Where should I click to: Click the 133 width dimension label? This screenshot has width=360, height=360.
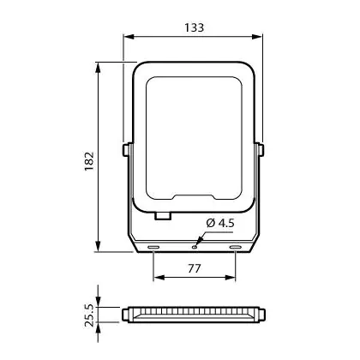coord(194,27)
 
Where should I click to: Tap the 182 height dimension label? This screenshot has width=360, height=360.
coord(89,161)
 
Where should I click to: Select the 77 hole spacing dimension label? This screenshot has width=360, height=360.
coord(195,268)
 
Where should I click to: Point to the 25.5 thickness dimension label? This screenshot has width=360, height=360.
coord(89,315)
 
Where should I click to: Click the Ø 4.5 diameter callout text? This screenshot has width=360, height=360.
coord(220,223)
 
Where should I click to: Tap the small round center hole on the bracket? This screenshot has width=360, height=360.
coord(195,247)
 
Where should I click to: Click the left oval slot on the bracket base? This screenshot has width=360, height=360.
coord(153,247)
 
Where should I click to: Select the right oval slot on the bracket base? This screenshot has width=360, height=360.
coord(236,247)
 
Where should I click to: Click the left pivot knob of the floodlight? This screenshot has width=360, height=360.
coord(126,150)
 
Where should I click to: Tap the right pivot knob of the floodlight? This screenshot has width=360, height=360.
coord(261,150)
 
